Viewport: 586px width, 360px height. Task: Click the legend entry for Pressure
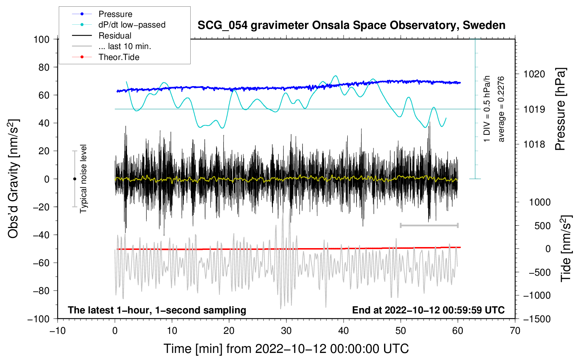(x=115, y=14)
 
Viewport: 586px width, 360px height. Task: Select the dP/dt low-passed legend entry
(x=132, y=25)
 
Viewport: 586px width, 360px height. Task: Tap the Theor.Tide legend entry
(x=119, y=57)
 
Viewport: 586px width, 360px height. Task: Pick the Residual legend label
(x=115, y=36)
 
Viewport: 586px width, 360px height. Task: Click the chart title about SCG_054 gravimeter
(x=351, y=25)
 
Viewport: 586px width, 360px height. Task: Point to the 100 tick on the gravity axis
(x=41, y=39)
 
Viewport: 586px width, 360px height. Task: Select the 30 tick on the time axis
(x=286, y=331)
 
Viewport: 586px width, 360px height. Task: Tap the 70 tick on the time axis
(x=515, y=331)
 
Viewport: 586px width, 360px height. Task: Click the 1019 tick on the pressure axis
(x=534, y=109)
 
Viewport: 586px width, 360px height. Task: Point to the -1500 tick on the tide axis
(x=537, y=319)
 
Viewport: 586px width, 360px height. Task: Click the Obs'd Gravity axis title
(x=13, y=179)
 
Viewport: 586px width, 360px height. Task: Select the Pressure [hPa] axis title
(x=560, y=109)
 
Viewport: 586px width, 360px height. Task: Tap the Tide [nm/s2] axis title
(x=566, y=248)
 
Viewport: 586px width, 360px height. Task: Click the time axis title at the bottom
(x=286, y=349)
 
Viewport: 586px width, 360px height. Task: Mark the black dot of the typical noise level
(x=74, y=179)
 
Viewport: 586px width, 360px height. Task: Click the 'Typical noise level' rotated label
(x=83, y=179)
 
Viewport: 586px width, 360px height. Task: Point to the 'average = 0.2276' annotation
(x=501, y=109)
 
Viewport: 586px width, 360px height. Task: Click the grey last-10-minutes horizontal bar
(x=429, y=225)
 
